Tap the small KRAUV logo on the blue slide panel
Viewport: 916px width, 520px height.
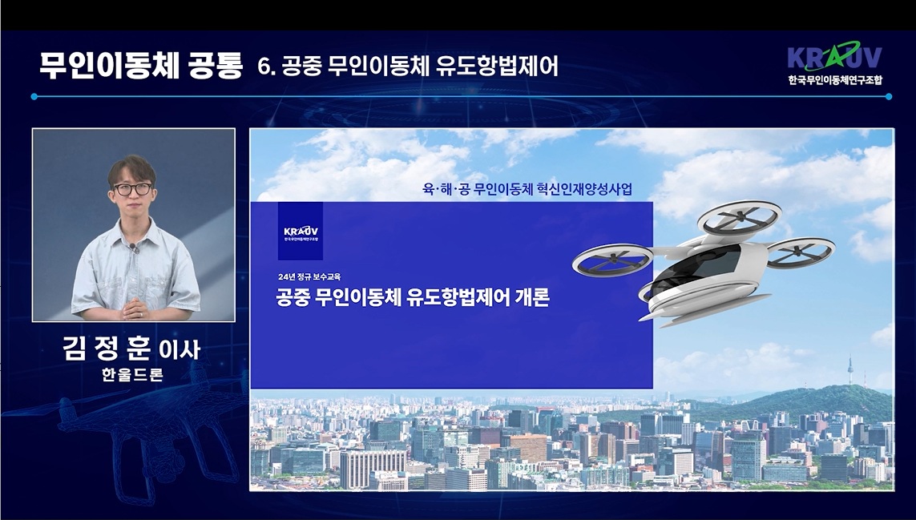[301, 232]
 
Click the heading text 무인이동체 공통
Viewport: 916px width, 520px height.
[140, 66]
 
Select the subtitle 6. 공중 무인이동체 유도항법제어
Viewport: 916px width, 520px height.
[408, 67]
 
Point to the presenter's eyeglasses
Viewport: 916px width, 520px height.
[132, 189]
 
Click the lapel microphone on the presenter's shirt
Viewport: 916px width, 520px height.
[134, 248]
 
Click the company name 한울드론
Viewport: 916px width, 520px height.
[132, 374]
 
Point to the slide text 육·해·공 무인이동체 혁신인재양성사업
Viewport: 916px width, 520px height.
[527, 189]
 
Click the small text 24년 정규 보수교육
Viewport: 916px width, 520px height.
[309, 276]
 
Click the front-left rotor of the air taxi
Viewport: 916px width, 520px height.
[612, 260]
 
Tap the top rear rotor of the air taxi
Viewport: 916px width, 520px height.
[739, 217]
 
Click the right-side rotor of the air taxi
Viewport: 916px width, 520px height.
[800, 252]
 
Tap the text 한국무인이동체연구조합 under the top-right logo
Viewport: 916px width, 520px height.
[834, 79]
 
